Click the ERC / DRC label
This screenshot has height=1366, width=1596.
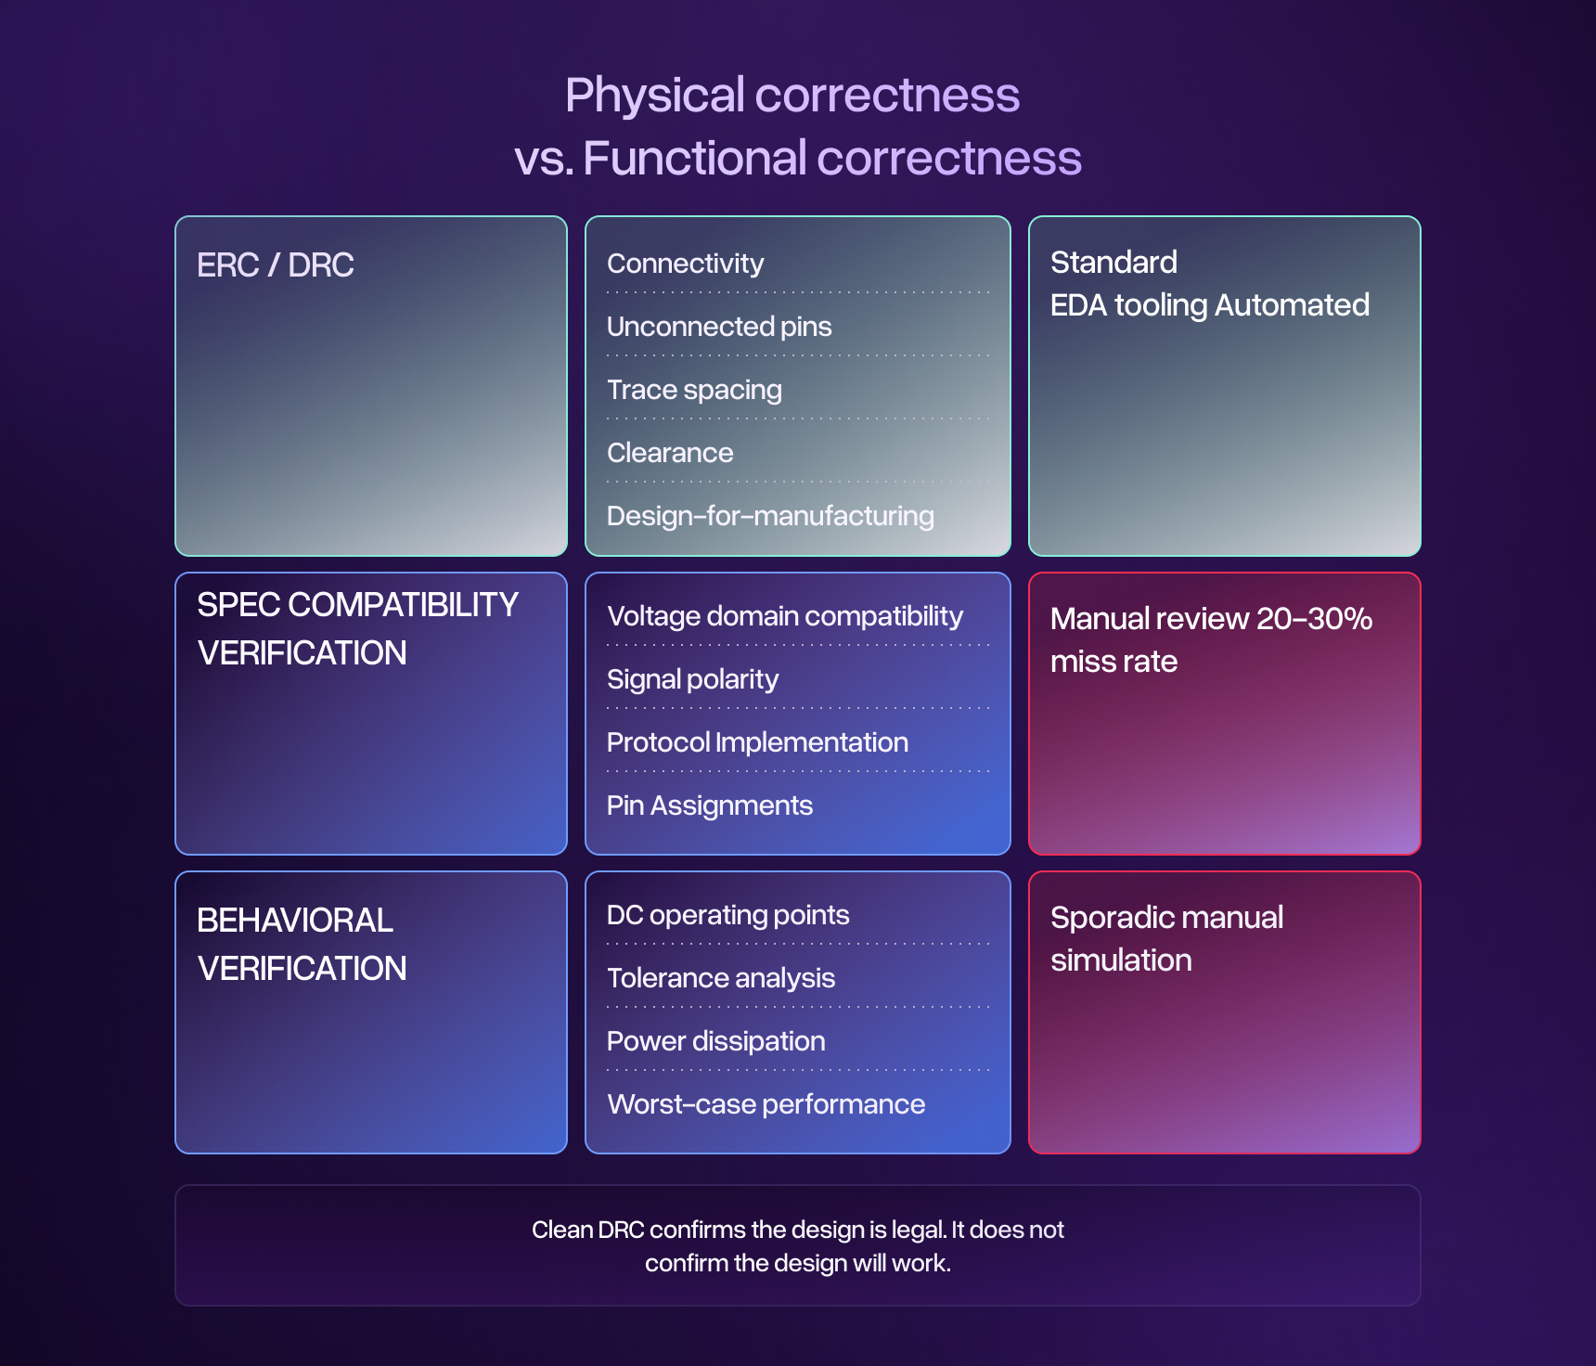click(x=276, y=265)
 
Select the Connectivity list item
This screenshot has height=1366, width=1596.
click(x=685, y=264)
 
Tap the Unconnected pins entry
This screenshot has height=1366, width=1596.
click(x=719, y=327)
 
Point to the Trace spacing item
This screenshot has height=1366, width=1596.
click(x=694, y=390)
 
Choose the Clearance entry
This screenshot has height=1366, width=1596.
click(x=670, y=453)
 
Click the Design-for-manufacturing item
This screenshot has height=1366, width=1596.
click(x=770, y=516)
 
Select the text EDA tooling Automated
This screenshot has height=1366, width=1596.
click(x=1209, y=305)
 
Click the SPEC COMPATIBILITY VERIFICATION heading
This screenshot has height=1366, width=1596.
click(x=357, y=629)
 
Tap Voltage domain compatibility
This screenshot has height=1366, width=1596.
click(x=785, y=616)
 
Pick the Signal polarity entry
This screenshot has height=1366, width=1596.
click(x=692, y=679)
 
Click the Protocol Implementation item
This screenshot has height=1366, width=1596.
click(x=757, y=742)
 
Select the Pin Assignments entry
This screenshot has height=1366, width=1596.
click(x=710, y=805)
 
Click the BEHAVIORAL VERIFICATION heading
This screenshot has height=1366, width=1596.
click(x=302, y=945)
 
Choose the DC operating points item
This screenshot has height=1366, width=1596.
click(x=727, y=915)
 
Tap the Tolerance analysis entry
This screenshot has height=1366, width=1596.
click(x=721, y=978)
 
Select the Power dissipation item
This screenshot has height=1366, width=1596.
click(x=715, y=1041)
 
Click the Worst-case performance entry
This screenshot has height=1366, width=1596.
click(x=766, y=1104)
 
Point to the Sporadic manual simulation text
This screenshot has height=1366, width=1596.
click(x=1166, y=939)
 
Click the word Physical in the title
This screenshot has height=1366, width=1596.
click(x=655, y=96)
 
